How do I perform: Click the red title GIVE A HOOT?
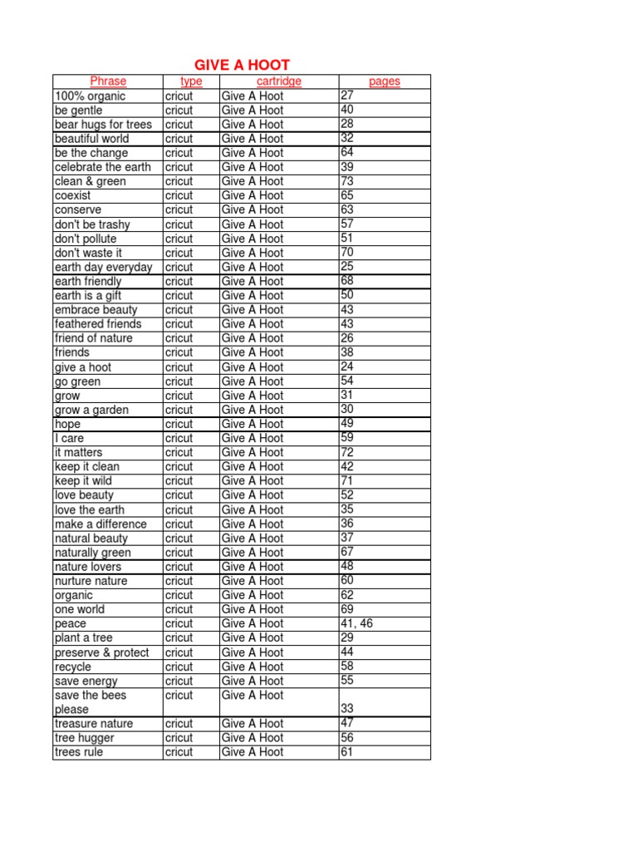pos(242,65)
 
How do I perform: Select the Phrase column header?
pos(108,81)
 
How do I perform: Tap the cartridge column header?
pos(279,81)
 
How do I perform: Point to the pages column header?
pos(385,81)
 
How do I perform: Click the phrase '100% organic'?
pos(90,96)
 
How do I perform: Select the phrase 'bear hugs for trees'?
pos(103,125)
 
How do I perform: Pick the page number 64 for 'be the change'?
pos(347,152)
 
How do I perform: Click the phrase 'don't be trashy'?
pos(92,224)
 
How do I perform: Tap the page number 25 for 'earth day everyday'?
pos(347,266)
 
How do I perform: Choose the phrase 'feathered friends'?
pos(98,324)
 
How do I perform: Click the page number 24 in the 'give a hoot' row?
pos(347,366)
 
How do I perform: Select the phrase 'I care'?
pos(69,438)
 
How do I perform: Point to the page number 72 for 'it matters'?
pos(347,451)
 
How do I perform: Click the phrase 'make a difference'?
pos(101,524)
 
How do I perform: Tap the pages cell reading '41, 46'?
pos(357,622)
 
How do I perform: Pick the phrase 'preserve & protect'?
pos(102,652)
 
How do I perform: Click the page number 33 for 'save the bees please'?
pos(347,709)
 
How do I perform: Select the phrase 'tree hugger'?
pos(85,738)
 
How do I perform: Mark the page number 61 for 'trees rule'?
pos(347,751)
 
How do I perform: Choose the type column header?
pos(191,81)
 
